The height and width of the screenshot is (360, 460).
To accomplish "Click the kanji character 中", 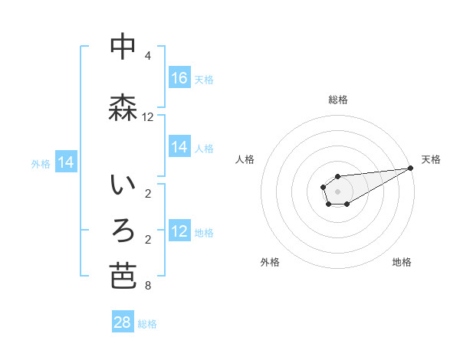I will click(123, 47).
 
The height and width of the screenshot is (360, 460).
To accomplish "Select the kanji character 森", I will click(123, 108).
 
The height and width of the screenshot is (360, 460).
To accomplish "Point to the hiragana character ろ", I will click(123, 229).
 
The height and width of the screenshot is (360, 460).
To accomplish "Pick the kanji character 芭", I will click(123, 276).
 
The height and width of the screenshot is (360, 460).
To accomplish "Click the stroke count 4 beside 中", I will click(148, 56).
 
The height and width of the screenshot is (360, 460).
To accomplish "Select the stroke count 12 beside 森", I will click(148, 117).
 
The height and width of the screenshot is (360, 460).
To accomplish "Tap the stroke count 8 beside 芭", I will click(148, 286).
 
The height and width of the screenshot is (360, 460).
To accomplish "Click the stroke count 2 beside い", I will click(148, 194).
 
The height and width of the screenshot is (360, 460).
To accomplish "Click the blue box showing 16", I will click(179, 78).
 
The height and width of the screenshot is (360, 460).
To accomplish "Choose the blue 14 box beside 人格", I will click(179, 147).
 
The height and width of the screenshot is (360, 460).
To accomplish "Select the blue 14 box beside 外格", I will click(66, 162).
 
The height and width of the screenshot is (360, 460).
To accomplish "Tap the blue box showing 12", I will click(179, 231).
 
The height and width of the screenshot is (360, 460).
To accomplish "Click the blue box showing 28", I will click(123, 322).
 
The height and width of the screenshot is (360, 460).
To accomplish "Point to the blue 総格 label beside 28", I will click(147, 324).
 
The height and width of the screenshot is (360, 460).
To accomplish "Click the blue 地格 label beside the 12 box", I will click(204, 232).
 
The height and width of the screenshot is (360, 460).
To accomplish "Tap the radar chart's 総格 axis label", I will click(337, 100).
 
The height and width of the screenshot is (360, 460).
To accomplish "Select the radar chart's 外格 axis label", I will click(270, 262).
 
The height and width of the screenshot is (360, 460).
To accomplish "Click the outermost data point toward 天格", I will click(411, 168).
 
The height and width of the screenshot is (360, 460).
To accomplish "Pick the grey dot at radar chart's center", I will click(337, 191).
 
